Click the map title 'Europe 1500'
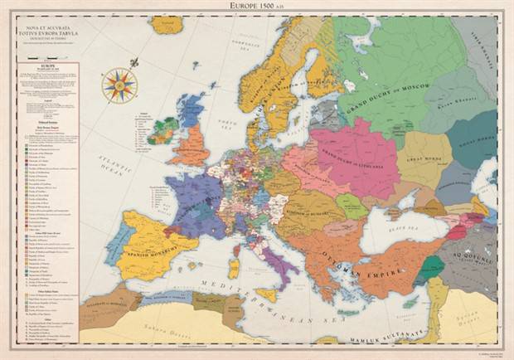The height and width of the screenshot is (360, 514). pyautogui.click(x=256, y=5)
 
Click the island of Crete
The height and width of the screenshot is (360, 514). pyautogui.click(x=348, y=313)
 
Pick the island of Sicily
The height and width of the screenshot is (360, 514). pyautogui.click(x=266, y=294)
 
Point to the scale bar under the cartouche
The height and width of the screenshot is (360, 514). pyautogui.click(x=41, y=58)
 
